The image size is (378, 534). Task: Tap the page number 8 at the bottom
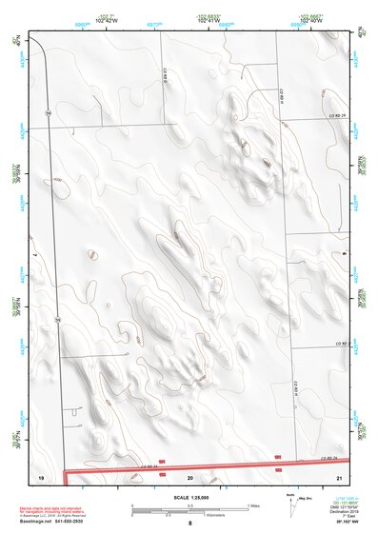click(189, 524)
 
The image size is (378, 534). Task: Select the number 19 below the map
click(41, 474)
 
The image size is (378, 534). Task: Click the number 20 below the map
click(189, 474)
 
